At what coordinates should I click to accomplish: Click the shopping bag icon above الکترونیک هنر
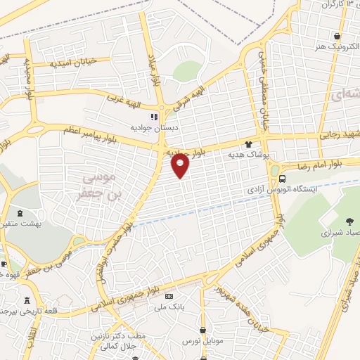pyautogui.click(x=339, y=36)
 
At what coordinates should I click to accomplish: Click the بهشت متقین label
pyautogui.click(x=20, y=223)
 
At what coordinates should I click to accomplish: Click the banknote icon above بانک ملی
pyautogui.click(x=169, y=296)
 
